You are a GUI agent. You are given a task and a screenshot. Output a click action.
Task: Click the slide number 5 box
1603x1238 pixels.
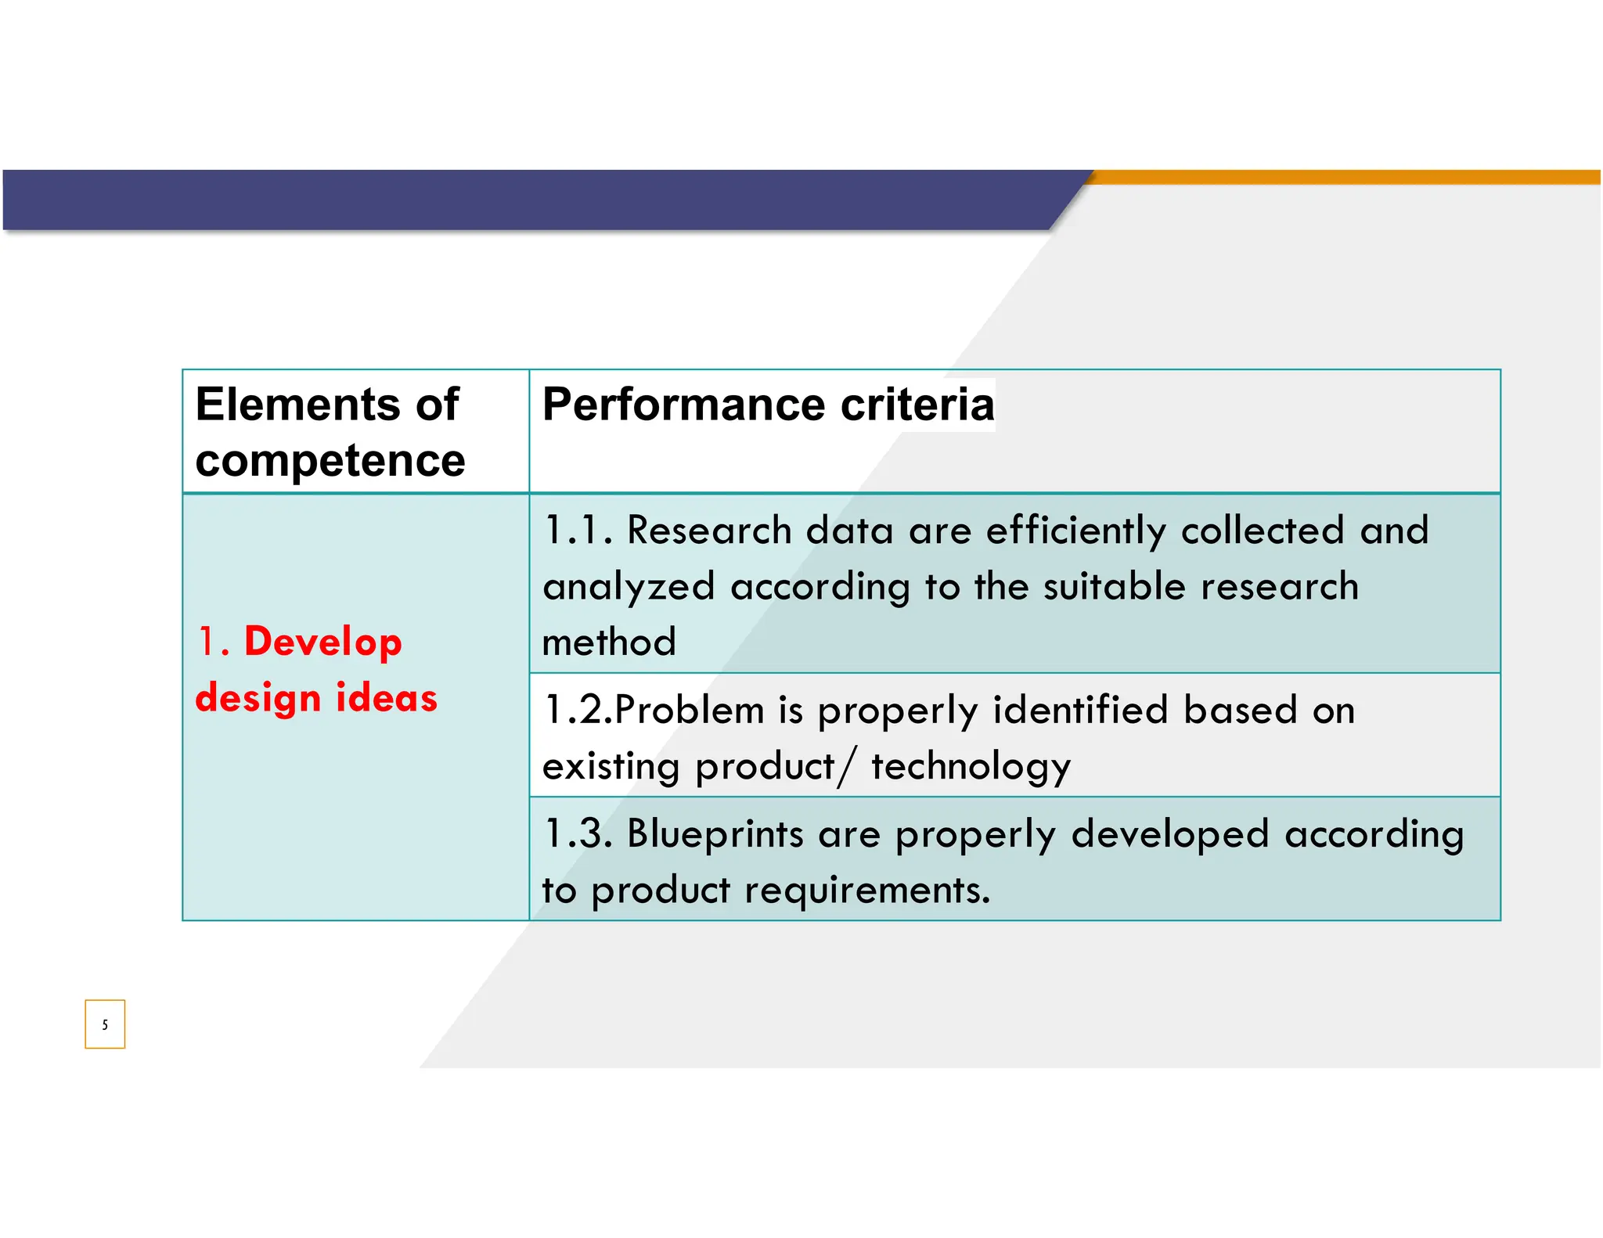point(105,1024)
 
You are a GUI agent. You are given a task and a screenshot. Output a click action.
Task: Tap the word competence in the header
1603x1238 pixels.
point(330,460)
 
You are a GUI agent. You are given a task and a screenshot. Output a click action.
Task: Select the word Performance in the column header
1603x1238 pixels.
point(684,405)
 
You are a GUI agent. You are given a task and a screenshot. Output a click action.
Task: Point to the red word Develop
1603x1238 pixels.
point(322,642)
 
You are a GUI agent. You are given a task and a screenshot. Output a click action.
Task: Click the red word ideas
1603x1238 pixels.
point(386,697)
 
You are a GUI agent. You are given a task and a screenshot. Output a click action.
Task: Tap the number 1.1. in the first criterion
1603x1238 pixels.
point(578,531)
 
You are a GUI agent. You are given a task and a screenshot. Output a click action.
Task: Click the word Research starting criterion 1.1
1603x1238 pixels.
point(709,531)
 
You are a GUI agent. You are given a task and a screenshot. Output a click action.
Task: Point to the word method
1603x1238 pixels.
point(609,642)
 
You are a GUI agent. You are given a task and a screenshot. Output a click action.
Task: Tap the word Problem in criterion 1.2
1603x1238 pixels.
point(689,711)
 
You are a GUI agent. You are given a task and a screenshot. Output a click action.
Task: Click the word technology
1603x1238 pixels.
point(971,767)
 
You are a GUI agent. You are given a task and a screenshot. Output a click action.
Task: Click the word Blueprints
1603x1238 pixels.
point(715,834)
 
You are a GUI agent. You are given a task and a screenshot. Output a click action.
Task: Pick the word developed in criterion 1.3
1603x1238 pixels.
point(1169,834)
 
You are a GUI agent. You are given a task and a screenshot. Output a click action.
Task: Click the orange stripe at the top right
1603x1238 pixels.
point(1346,177)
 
